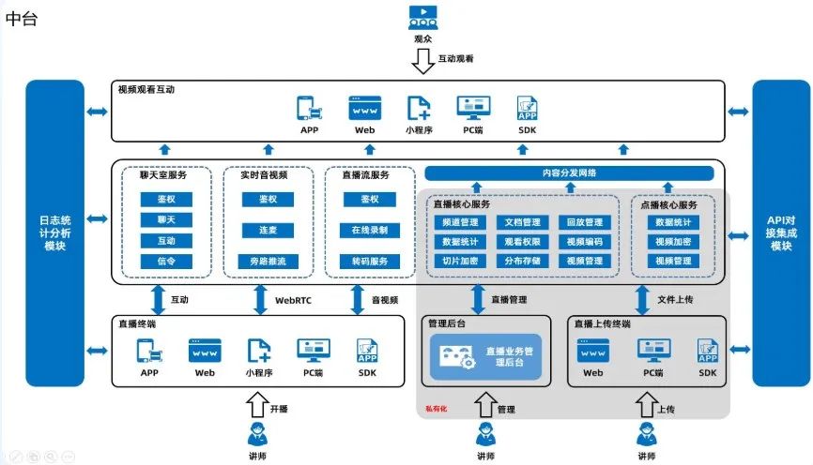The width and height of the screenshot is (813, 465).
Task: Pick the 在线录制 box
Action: pyautogui.click(x=369, y=230)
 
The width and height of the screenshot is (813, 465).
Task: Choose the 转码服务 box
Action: pyautogui.click(x=369, y=262)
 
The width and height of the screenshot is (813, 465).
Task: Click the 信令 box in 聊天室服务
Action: pyautogui.click(x=166, y=262)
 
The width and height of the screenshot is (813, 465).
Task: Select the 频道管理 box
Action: pyautogui.click(x=460, y=222)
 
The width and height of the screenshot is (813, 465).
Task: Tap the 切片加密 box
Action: pyautogui.click(x=460, y=261)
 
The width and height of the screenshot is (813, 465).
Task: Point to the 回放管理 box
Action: pyautogui.click(x=583, y=222)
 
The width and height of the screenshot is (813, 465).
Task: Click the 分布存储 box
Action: pyautogui.click(x=522, y=261)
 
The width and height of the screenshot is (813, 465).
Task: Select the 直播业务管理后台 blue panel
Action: pyautogui.click(x=486, y=357)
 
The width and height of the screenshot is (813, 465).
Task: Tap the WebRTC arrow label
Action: pyautogui.click(x=294, y=300)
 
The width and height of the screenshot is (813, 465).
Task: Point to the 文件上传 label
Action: pyautogui.click(x=675, y=300)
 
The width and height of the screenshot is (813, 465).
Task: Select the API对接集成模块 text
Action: pyautogui.click(x=780, y=232)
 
